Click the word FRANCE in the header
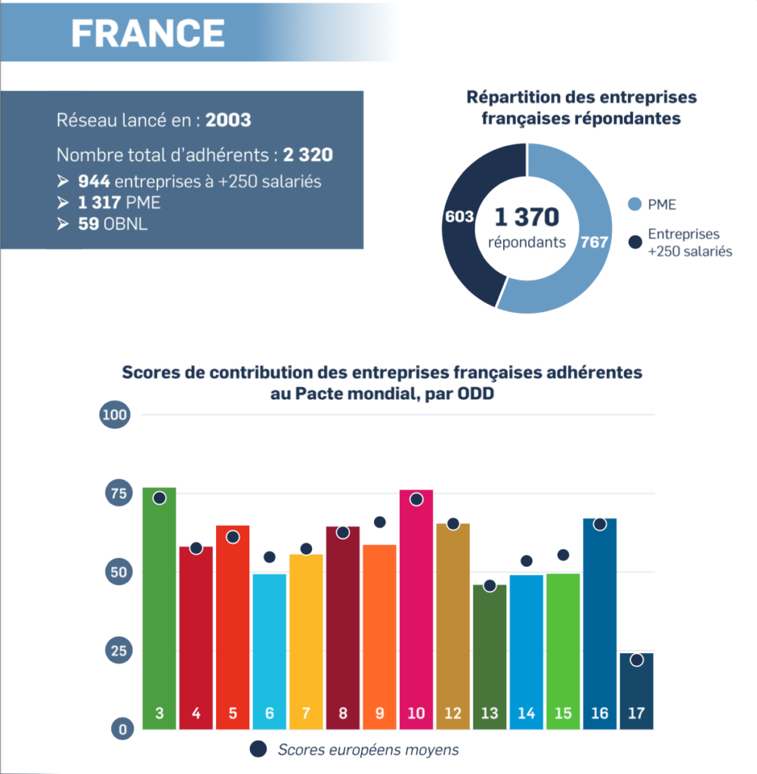pyautogui.click(x=148, y=33)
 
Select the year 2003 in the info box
pyautogui.click(x=228, y=120)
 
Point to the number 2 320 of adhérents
pyautogui.click(x=308, y=155)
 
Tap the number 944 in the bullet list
pyautogui.click(x=94, y=181)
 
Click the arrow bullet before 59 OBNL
pyautogui.click(x=63, y=224)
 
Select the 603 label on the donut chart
pyautogui.click(x=459, y=217)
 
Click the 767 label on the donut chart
pyautogui.click(x=594, y=242)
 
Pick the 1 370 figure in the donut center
pyautogui.click(x=527, y=217)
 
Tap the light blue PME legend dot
pyautogui.click(x=635, y=204)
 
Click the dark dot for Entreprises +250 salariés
pyautogui.click(x=635, y=242)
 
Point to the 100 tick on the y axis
pyautogui.click(x=115, y=415)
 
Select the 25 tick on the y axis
pyautogui.click(x=119, y=651)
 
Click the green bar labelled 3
pyautogui.click(x=159, y=608)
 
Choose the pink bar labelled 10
pyautogui.click(x=416, y=609)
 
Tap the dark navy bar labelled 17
pyautogui.click(x=637, y=691)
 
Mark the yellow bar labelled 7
pyautogui.click(x=306, y=642)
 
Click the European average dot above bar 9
pyautogui.click(x=379, y=522)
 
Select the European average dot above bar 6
pyautogui.click(x=270, y=557)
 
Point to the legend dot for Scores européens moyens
pyautogui.click(x=258, y=749)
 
